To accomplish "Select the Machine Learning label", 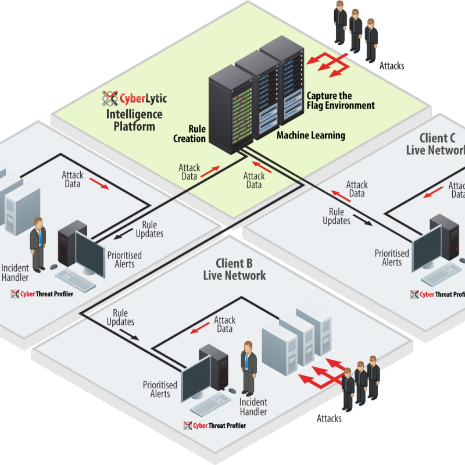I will [310, 135].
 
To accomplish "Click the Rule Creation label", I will [189, 134].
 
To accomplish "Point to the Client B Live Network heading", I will [234, 269].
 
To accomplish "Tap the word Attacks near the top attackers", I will [391, 66].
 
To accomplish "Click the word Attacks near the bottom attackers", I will [329, 419].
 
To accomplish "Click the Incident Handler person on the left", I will [38, 244].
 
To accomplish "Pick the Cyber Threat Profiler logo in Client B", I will [214, 425].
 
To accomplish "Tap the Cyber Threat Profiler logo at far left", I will [42, 294].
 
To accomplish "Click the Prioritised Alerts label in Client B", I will [160, 389].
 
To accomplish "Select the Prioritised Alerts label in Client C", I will [392, 257].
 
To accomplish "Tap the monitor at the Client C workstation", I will [427, 246].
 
